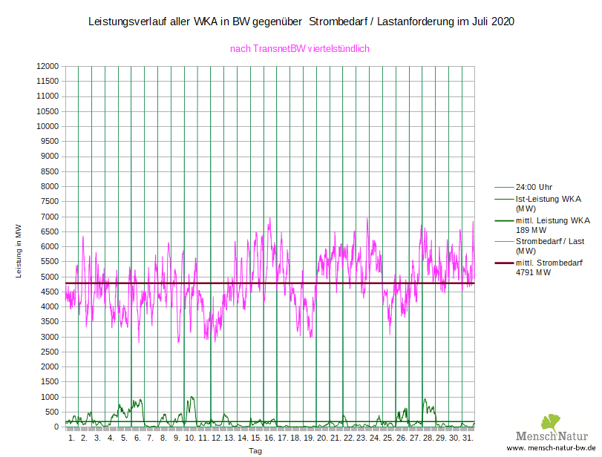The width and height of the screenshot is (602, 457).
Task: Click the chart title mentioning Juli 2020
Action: tap(301, 22)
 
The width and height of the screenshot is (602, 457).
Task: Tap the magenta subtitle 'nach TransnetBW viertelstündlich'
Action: tap(300, 49)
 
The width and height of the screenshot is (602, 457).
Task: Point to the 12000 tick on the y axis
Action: tap(47, 67)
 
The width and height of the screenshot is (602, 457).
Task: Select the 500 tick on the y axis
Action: tap(51, 412)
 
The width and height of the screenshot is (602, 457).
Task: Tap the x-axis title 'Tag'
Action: tap(255, 451)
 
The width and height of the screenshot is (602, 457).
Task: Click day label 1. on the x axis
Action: tap(71, 438)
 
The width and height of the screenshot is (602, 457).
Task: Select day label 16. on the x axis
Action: tap(269, 438)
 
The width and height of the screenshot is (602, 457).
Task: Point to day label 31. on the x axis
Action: tap(468, 438)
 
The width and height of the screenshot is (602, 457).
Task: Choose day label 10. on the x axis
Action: tap(190, 438)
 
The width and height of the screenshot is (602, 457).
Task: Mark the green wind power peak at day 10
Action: tap(192, 398)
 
